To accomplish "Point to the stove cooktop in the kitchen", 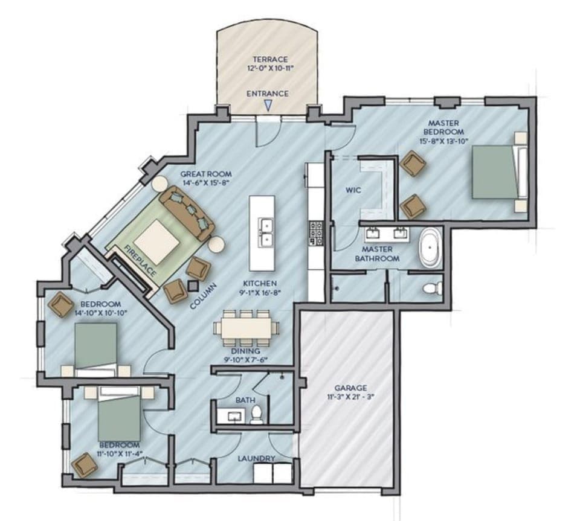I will click(317, 232).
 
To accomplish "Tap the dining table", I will click(246, 328).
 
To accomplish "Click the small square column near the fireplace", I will click(193, 286).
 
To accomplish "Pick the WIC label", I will click(353, 191).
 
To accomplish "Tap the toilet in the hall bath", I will click(257, 414).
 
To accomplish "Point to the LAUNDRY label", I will click(256, 458).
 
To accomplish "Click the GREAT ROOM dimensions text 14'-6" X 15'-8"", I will click(207, 183).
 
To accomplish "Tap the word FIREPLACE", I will click(140, 261).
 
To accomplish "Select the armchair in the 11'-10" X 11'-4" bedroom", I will click(85, 465).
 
